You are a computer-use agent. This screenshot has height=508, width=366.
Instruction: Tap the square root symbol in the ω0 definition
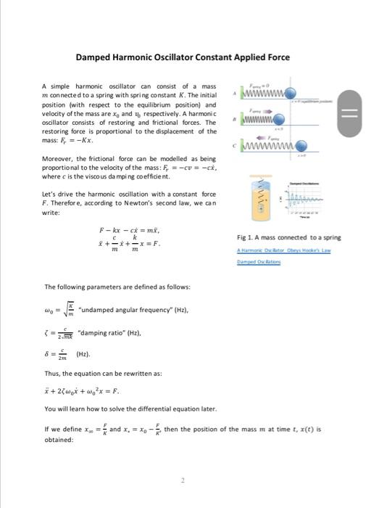click(x=63, y=309)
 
